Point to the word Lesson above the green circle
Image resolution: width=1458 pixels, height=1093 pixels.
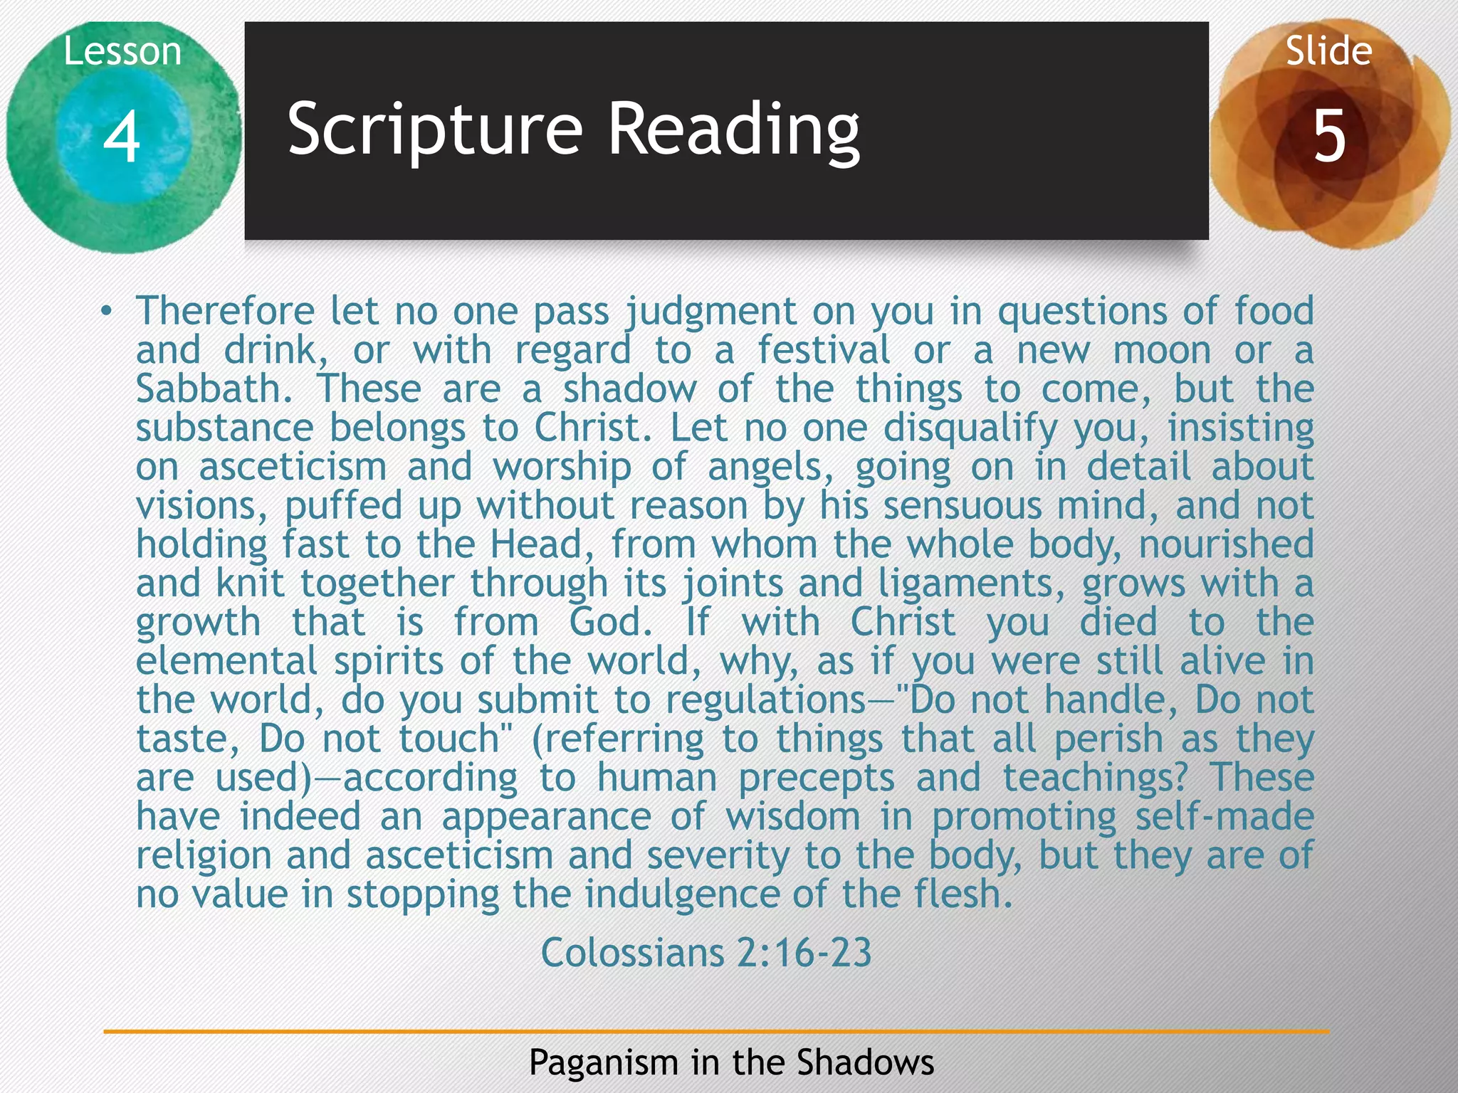[x=122, y=52]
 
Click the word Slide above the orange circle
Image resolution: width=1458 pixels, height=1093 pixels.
[x=1328, y=51]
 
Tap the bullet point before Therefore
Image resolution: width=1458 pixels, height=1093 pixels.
[x=106, y=311]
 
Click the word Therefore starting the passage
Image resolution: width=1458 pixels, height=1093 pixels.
[x=225, y=311]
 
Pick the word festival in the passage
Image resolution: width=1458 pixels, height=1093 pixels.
[x=823, y=350]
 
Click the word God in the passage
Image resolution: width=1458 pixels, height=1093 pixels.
[x=610, y=622]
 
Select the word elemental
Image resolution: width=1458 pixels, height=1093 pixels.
[x=226, y=661]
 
